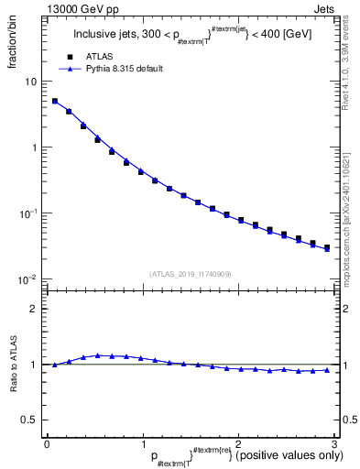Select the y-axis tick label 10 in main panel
click(30, 82)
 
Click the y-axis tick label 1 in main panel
click(33, 147)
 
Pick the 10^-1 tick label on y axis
click(28, 213)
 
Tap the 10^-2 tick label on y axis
click(28, 278)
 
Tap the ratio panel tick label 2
click(33, 309)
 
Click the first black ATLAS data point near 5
click(55, 102)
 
